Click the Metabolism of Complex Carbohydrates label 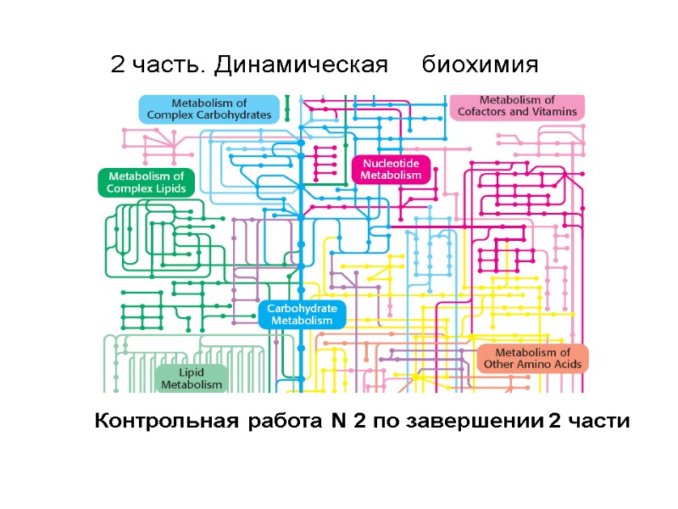tap(209, 109)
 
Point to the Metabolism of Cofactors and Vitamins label tap(517, 106)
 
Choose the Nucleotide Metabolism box tap(391, 169)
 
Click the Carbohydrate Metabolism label tap(303, 314)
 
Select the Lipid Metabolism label tap(192, 378)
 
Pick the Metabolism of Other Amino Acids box tap(532, 359)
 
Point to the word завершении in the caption tap(474, 422)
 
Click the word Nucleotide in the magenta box tap(391, 163)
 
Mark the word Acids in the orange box tap(564, 365)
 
